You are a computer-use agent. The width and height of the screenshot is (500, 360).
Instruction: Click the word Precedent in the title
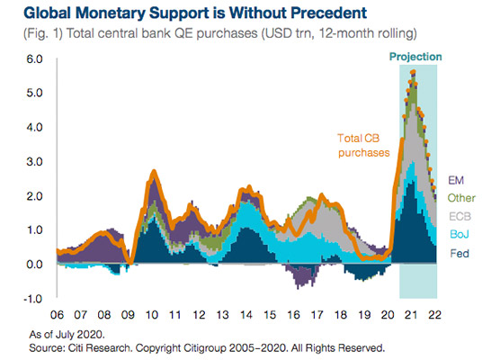click(328, 13)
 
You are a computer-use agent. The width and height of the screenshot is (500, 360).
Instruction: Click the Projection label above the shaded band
click(415, 57)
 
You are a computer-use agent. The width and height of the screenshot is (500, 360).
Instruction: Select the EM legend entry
click(456, 180)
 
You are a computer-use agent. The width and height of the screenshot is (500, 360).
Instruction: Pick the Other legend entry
click(461, 198)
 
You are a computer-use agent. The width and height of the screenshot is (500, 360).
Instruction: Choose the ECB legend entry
click(460, 216)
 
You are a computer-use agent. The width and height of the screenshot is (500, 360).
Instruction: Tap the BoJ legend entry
click(460, 234)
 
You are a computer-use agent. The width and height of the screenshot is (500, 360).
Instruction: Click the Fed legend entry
click(460, 254)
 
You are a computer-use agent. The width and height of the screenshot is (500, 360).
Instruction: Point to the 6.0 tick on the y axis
click(34, 59)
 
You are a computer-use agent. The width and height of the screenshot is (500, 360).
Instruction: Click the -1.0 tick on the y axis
click(33, 299)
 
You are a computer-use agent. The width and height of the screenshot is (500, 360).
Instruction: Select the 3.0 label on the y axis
click(34, 161)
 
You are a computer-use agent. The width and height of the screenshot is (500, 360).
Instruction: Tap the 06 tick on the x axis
click(57, 315)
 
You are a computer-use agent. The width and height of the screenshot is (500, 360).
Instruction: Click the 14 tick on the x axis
click(246, 315)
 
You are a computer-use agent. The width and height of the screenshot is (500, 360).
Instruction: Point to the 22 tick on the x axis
click(434, 315)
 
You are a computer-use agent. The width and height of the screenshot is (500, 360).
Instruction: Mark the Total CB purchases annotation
click(363, 146)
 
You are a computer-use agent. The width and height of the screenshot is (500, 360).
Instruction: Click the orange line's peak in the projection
click(413, 71)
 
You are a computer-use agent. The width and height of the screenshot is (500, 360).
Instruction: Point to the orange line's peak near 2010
click(154, 171)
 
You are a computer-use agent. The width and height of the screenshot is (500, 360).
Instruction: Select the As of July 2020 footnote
click(67, 335)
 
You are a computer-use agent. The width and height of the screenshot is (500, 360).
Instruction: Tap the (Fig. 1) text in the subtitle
click(43, 33)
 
